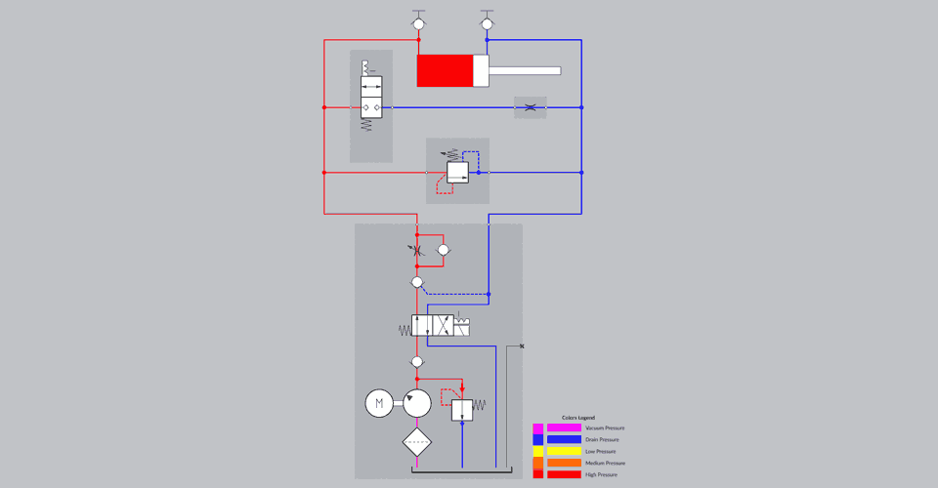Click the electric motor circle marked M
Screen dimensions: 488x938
pos(379,402)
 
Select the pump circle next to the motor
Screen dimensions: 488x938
pos(417,402)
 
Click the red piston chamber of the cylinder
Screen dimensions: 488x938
pos(446,70)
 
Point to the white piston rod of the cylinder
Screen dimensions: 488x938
pos(525,70)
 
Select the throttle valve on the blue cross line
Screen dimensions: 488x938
pos(530,107)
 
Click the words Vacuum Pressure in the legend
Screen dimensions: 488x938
pos(605,428)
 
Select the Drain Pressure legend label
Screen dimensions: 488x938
pos(603,440)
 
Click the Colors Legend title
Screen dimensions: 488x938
pos(578,418)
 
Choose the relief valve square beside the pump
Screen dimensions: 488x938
pos(462,409)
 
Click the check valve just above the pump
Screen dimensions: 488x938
pos(417,362)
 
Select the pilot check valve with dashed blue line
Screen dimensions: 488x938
pos(417,282)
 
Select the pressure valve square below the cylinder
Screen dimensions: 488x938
pos(458,173)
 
